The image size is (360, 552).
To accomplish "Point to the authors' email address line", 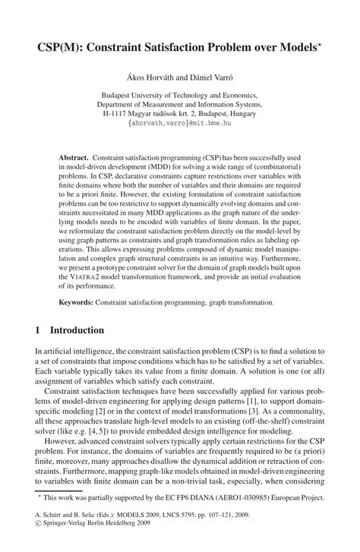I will [180, 121].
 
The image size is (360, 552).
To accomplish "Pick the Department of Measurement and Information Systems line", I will [180, 98].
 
